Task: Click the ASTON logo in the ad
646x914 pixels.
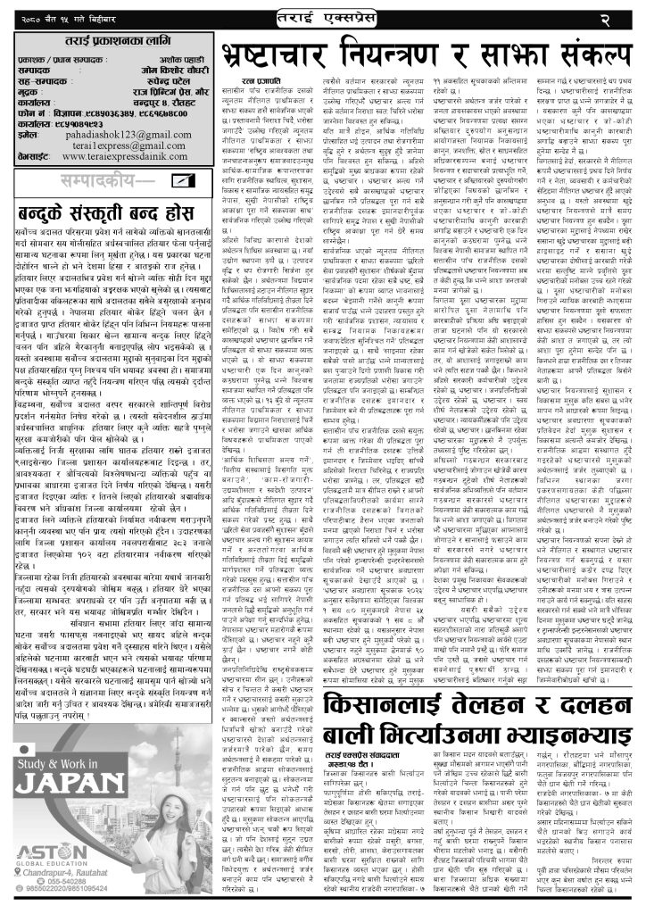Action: [x=56, y=850]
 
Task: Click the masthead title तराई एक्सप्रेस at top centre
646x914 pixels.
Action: [x=324, y=17]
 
